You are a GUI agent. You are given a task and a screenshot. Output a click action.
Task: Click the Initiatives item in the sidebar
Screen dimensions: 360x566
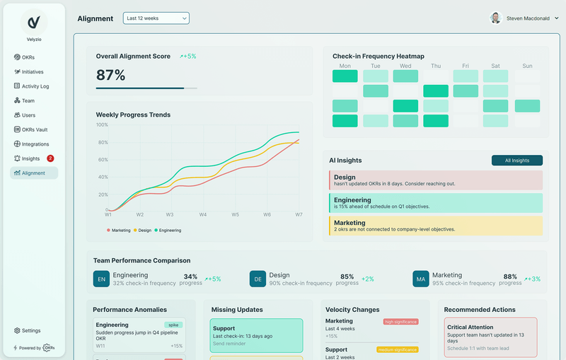coord(33,71)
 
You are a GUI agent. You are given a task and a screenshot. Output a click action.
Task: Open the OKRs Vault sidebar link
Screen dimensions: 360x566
coord(34,129)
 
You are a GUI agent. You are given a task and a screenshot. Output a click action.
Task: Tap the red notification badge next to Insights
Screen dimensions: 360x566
coord(50,158)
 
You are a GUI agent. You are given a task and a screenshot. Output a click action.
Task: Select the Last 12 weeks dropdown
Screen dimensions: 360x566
coord(156,18)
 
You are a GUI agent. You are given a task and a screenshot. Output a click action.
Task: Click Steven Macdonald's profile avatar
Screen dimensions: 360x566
coord(496,18)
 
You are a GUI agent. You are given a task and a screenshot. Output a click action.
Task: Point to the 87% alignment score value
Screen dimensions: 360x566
coord(111,75)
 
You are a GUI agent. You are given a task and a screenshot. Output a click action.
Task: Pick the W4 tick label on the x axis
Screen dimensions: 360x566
coord(203,214)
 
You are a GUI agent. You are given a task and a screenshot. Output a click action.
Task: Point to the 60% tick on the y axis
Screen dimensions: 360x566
coord(102,159)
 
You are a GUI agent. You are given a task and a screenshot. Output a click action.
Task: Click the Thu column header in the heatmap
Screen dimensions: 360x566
coord(435,66)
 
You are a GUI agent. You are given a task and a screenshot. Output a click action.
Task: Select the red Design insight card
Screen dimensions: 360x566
coord(435,180)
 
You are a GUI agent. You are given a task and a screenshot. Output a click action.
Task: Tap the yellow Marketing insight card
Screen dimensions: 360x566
coord(435,226)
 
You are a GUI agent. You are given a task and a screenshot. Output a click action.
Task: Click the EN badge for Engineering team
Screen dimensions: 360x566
coord(101,279)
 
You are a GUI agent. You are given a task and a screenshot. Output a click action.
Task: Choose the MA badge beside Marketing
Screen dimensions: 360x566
coord(421,279)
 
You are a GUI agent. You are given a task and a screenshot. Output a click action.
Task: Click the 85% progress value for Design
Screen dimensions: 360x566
coord(347,277)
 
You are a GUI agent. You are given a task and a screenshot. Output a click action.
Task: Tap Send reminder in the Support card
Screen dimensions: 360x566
coord(229,342)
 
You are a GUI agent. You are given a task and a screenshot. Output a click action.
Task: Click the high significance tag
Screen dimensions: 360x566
coord(400,321)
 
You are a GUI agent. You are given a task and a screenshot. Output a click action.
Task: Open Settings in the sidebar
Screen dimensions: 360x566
coord(30,330)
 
